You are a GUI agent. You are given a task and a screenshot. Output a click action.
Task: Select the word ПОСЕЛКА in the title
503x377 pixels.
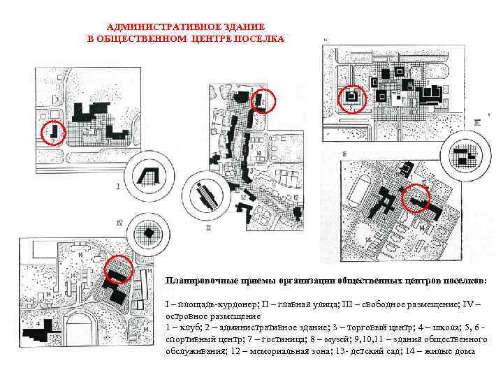(262, 38)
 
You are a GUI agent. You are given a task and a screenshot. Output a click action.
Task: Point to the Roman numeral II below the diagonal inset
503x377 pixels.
(209, 226)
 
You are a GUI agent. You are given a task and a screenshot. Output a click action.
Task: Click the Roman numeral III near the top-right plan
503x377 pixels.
(477, 122)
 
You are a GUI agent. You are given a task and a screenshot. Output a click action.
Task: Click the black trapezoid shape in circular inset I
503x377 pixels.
(149, 175)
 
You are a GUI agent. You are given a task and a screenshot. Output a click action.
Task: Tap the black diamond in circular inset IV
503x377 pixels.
(148, 232)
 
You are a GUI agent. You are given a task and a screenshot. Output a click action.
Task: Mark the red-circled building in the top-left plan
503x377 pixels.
(53, 131)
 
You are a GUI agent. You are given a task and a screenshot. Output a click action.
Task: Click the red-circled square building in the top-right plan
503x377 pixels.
(351, 98)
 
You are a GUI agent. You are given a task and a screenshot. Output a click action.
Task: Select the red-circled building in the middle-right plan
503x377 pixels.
(418, 202)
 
